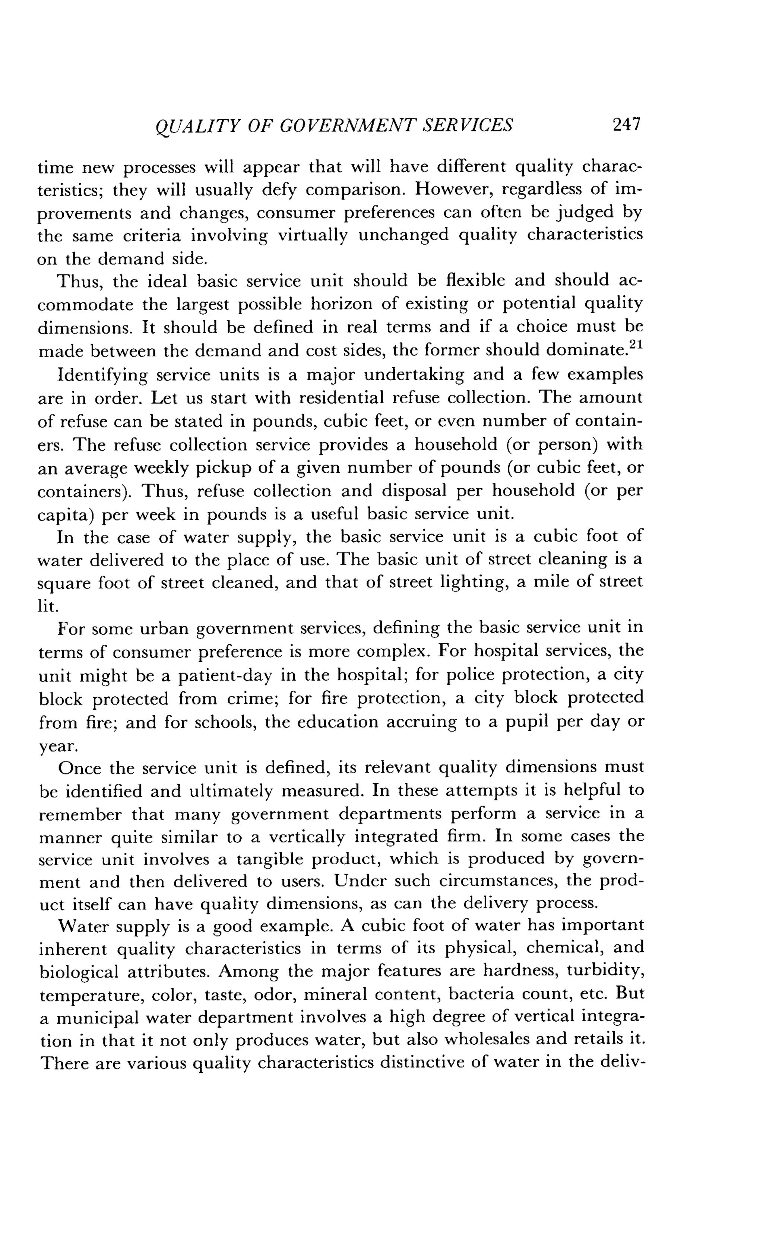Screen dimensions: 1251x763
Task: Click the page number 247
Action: [626, 124]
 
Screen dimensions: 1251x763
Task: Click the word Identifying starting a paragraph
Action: [102, 375]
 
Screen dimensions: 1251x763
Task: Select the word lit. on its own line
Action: [48, 606]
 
